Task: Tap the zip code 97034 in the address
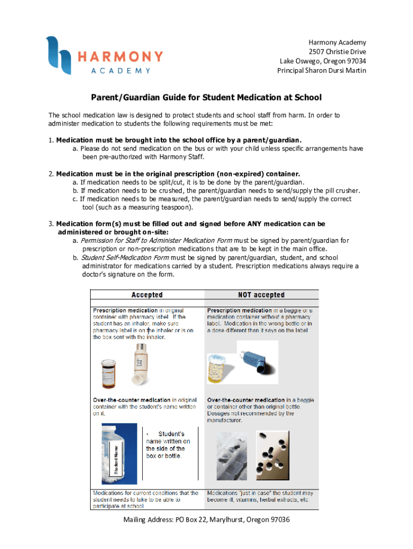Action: (355, 61)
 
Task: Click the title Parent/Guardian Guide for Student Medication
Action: (206, 98)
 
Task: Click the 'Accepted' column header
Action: (147, 295)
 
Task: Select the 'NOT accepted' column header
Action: (261, 295)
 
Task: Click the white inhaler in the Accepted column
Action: (141, 363)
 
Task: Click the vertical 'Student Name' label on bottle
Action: (115, 457)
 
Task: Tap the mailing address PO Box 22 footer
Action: (206, 520)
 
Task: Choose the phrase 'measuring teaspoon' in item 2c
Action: (160, 207)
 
